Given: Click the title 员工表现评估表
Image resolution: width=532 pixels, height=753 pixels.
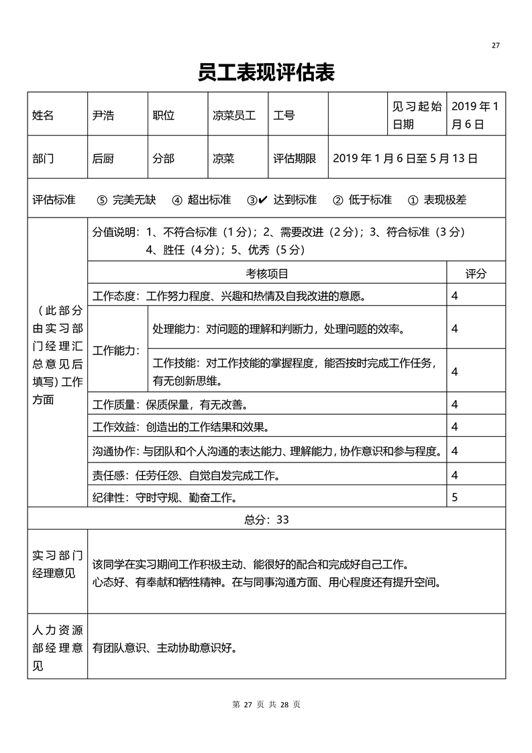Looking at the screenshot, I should click(x=266, y=72).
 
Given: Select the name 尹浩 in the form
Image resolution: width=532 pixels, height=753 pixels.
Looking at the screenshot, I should click(x=103, y=115).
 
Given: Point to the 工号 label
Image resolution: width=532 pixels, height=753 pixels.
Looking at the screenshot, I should click(x=284, y=115).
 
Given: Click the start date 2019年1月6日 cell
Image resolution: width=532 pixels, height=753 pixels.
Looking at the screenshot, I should click(x=475, y=115).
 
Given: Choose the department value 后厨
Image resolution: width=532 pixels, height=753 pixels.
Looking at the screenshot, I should click(x=103, y=158).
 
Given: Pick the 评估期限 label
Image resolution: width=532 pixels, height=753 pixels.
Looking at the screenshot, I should click(x=295, y=158).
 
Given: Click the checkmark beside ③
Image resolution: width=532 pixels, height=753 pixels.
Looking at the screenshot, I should click(x=263, y=199).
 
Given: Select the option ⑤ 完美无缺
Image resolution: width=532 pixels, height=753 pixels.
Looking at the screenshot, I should click(x=126, y=199).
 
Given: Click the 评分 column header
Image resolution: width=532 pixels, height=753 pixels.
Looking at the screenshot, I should click(x=476, y=273).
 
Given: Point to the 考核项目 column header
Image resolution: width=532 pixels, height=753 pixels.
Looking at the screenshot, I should click(x=267, y=273).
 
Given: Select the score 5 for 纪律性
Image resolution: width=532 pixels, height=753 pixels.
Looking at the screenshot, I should click(x=455, y=497).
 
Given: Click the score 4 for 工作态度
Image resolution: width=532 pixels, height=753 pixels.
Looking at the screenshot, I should click(x=455, y=295).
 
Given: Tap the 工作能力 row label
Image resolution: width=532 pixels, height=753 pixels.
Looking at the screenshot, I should click(x=116, y=350).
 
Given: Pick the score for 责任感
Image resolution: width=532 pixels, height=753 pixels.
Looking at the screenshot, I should click(x=455, y=475).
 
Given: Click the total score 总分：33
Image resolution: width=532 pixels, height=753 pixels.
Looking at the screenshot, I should click(x=266, y=519).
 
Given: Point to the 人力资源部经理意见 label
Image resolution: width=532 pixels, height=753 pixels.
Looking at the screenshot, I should click(x=58, y=648).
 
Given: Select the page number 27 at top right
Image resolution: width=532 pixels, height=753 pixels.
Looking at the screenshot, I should click(x=496, y=46).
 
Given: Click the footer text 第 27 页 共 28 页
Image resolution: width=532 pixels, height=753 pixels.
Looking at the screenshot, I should click(x=266, y=705).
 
